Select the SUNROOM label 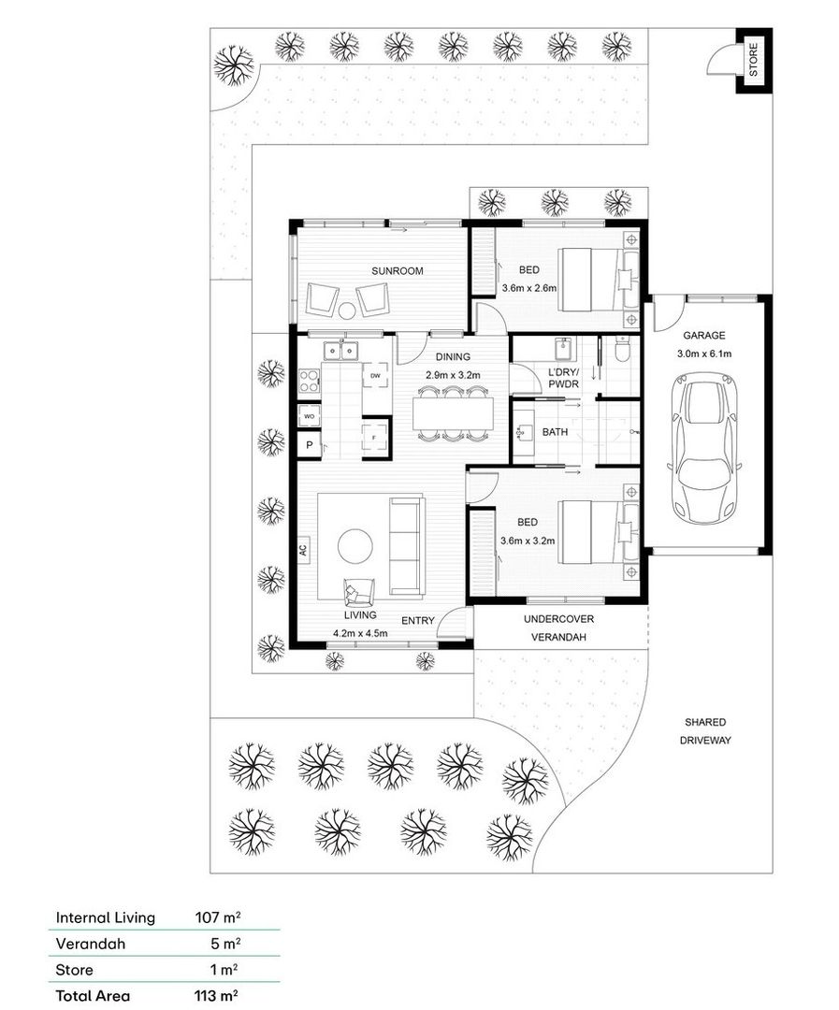(397, 271)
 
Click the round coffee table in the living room (355, 546)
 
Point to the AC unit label (303, 551)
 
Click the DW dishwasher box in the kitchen (375, 376)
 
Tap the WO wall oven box (308, 415)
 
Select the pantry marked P (308, 446)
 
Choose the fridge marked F (375, 438)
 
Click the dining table (453, 412)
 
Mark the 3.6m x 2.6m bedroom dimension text (528, 288)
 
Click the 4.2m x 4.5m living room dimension (360, 633)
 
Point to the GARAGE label (703, 335)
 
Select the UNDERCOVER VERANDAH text (558, 628)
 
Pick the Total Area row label (93, 996)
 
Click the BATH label (556, 432)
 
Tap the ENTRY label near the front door (417, 620)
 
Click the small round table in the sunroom (347, 311)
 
